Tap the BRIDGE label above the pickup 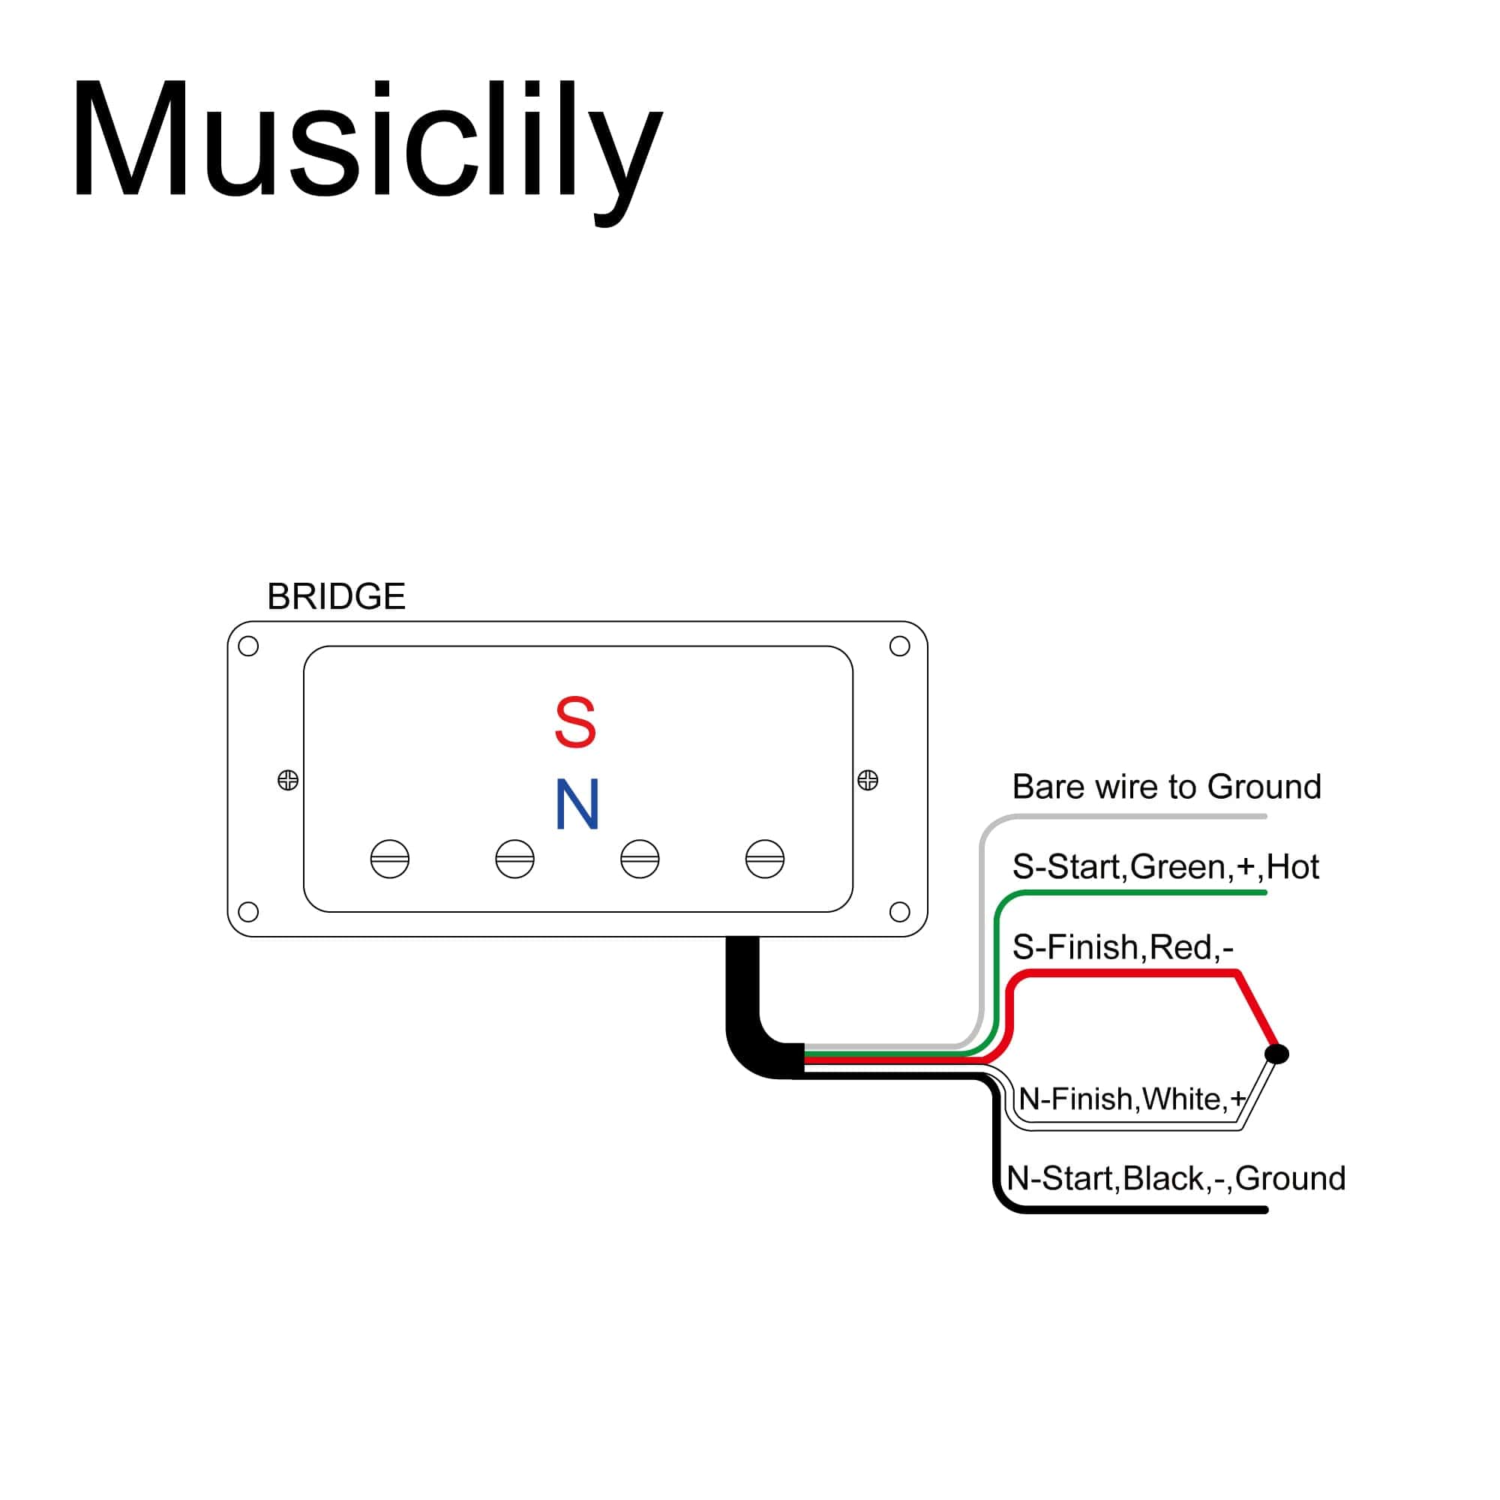336,596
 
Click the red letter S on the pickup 575,723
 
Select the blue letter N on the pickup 577,804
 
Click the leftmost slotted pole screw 390,859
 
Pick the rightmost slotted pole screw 765,859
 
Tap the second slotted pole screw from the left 514,859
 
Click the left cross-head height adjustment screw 288,779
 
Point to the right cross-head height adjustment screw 868,779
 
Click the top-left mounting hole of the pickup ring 248,646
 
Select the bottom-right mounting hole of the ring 900,911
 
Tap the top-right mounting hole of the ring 900,646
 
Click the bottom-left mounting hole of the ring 248,911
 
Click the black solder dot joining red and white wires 1277,1054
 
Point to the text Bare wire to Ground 1167,787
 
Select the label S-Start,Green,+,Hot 1166,867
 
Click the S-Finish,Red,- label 1123,947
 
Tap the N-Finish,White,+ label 1132,1099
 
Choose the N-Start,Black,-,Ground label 1176,1178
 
